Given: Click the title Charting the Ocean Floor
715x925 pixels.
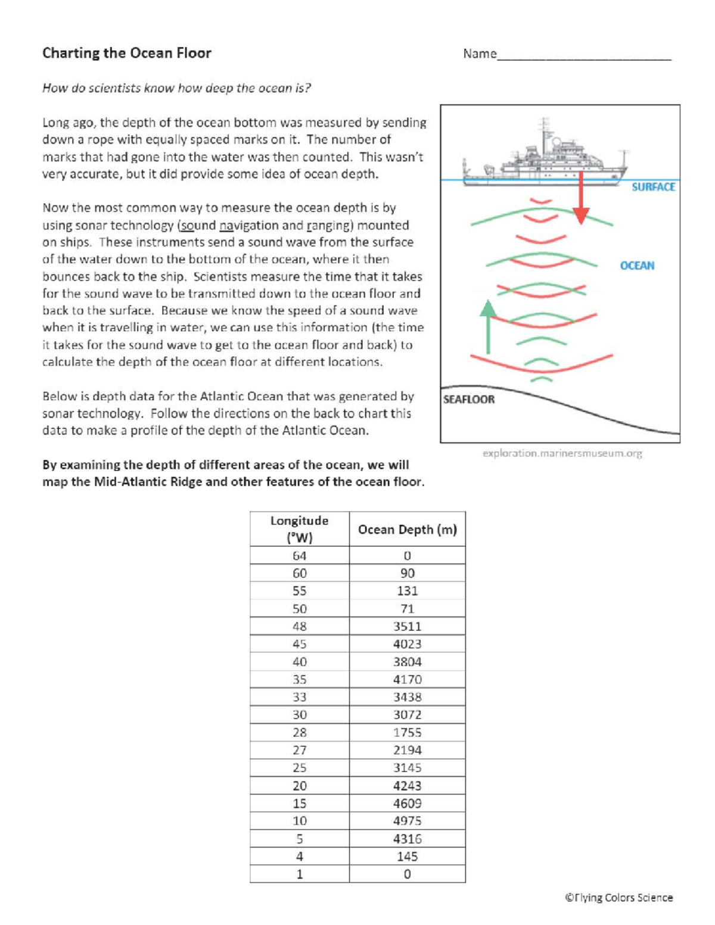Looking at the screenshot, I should click(126, 53).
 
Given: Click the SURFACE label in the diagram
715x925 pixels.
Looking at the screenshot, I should click(653, 187).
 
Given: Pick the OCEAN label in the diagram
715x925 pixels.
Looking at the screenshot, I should click(637, 266).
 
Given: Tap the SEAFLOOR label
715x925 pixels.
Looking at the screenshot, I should click(469, 399).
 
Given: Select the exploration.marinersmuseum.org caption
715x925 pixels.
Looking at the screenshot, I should click(562, 453).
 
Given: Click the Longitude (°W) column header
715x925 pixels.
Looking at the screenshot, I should click(299, 529).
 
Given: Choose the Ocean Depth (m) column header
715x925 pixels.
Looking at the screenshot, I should click(407, 530).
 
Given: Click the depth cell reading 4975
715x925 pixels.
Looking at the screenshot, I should click(407, 821).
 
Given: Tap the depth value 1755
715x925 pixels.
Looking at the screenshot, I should click(407, 733).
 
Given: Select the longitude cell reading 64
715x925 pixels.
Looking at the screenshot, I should click(299, 556).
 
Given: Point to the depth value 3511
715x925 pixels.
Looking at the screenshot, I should click(407, 627).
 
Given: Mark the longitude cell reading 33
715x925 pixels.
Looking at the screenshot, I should click(299, 697).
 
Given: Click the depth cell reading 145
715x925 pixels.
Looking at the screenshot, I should click(407, 857).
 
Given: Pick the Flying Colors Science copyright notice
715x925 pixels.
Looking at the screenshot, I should click(618, 898).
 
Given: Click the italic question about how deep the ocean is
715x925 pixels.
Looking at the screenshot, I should click(176, 88).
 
